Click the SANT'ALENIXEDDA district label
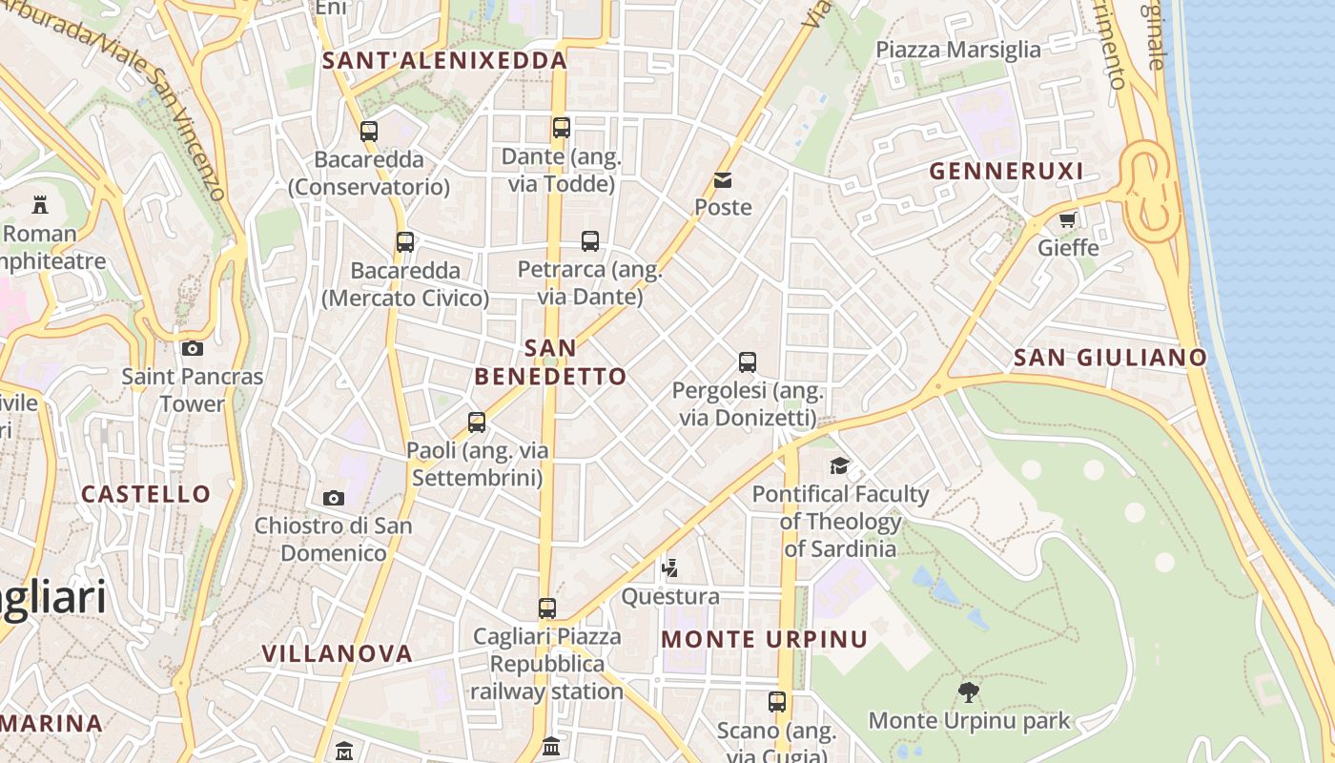(444, 61)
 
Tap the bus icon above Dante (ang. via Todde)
(562, 127)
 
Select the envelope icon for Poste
(723, 179)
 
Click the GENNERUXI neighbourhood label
(1006, 172)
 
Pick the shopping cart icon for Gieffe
(1067, 219)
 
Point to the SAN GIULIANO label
(1110, 358)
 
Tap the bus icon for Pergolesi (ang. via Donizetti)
(748, 362)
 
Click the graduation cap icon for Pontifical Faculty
(839, 465)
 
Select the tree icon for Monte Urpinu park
(969, 691)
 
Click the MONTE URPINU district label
(765, 639)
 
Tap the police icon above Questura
(670, 568)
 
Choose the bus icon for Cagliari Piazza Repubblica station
(546, 608)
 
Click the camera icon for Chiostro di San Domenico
(333, 497)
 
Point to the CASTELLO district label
(146, 494)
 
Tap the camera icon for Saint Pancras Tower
(192, 348)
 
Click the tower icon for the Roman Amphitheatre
(40, 204)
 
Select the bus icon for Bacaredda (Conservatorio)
(369, 132)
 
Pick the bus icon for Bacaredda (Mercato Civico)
(405, 242)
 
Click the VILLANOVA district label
(337, 654)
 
